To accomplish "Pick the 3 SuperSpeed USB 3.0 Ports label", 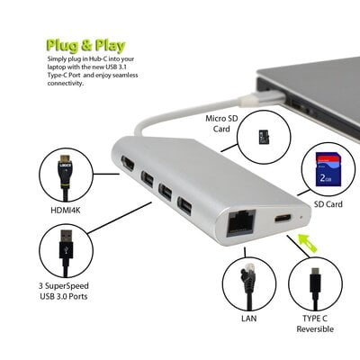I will pos(64,289).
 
